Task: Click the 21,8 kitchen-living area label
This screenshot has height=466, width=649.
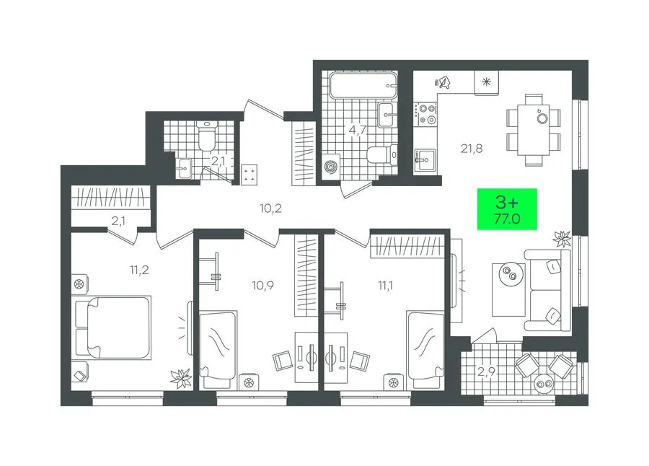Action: click(472, 149)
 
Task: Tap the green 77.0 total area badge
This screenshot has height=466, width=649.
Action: click(507, 209)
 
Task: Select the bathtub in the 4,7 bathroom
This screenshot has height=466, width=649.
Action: click(363, 86)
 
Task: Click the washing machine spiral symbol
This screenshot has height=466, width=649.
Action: click(330, 167)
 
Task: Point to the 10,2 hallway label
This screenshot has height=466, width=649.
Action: click(270, 208)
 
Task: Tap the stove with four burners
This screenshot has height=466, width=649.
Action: click(426, 114)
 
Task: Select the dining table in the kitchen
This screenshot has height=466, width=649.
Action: click(533, 130)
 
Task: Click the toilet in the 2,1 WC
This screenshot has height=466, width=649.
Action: click(206, 136)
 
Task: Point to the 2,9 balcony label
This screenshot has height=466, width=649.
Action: click(486, 372)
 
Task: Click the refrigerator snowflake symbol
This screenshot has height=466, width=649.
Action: click(486, 82)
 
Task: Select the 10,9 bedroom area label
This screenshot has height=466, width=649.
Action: click(262, 286)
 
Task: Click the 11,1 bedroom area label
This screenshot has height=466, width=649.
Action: click(385, 286)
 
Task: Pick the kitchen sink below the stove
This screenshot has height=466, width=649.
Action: click(425, 159)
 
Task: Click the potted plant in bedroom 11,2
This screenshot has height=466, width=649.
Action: click(181, 378)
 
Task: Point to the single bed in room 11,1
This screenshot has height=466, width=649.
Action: click(425, 346)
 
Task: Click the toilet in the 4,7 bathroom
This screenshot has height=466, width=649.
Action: click(382, 155)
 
